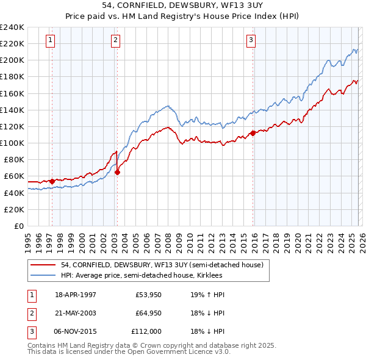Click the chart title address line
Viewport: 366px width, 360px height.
(x=183, y=5)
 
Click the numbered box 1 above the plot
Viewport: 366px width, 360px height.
(x=49, y=41)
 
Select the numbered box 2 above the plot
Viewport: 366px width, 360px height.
(x=115, y=41)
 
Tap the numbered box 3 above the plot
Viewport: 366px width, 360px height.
(x=251, y=41)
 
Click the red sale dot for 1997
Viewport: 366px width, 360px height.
(x=52, y=181)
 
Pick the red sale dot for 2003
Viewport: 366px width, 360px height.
(x=118, y=172)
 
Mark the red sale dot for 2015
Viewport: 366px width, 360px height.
(x=253, y=133)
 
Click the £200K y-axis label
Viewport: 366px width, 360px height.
(x=12, y=60)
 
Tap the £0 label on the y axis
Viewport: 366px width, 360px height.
(x=18, y=226)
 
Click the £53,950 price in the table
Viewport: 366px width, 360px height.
(x=148, y=295)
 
